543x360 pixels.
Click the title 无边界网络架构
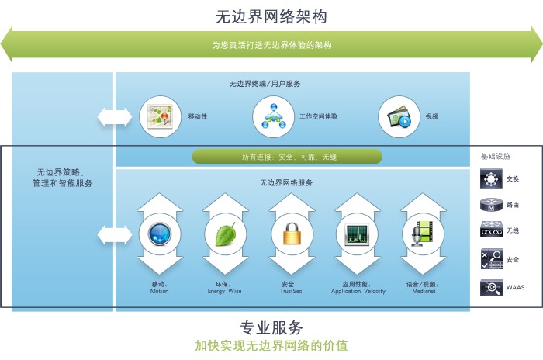pos(271,16)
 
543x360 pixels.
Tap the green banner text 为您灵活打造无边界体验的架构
pos(271,45)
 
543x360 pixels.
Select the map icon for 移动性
pos(159,116)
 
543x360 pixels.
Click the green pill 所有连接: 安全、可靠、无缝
pos(288,157)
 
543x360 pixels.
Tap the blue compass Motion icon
pos(159,234)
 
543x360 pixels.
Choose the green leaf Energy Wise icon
pos(226,234)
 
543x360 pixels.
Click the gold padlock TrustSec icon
pos(292,234)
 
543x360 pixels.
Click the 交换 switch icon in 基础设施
pos(491,178)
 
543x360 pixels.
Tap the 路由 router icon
pos(491,205)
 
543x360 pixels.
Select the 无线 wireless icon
pos(491,231)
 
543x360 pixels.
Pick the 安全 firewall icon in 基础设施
pos(491,259)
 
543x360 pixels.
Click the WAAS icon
pos(491,287)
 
